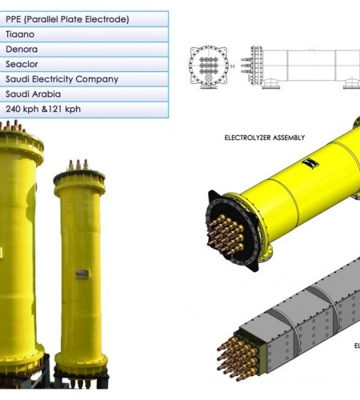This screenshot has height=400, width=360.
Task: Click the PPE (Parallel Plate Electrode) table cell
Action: (x=84, y=19)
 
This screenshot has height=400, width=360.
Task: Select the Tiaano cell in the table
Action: (x=84, y=34)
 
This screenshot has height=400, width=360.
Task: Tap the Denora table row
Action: (x=84, y=50)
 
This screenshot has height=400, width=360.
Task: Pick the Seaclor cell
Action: (x=84, y=64)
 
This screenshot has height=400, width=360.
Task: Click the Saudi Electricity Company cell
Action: (x=84, y=79)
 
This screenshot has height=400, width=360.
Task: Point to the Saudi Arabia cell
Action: (x=84, y=94)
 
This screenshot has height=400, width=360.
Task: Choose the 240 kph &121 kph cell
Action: (x=84, y=110)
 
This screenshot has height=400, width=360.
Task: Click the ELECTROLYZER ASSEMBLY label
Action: (x=265, y=138)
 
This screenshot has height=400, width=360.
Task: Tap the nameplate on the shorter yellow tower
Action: (x=82, y=274)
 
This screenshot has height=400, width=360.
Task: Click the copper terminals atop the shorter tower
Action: (x=78, y=165)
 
